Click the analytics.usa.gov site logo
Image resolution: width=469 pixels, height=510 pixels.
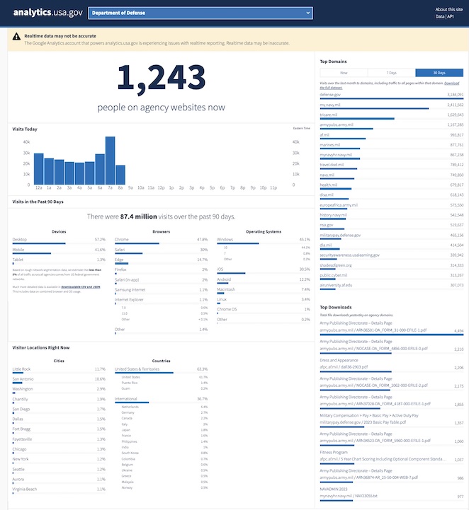point(47,13)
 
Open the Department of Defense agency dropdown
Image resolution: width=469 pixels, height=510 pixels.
point(201,13)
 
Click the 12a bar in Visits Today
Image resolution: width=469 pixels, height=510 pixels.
point(39,168)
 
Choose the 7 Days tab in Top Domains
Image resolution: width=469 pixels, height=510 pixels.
point(390,73)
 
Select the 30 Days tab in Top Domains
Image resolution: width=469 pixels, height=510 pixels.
point(439,73)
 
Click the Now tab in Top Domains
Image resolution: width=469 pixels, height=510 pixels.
point(343,73)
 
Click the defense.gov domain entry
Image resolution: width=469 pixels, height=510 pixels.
point(330,94)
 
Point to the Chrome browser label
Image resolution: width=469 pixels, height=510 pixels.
point(122,239)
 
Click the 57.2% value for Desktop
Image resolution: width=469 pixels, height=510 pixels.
point(100,239)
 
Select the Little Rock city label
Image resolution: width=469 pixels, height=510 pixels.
point(22,369)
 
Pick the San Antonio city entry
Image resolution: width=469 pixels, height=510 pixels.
point(23,379)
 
